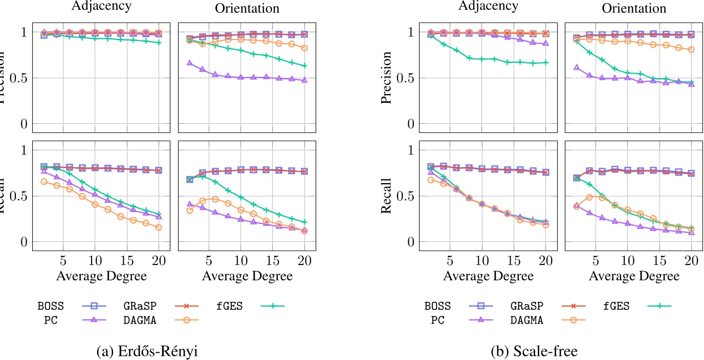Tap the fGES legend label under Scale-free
coord(616,306)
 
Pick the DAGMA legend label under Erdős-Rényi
coord(139,320)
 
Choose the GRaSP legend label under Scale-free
coord(526,306)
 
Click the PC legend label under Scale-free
coord(437,320)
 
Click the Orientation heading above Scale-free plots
coord(634,8)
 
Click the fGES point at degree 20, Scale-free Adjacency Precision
coord(545,62)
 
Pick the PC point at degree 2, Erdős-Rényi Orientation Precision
coord(190,63)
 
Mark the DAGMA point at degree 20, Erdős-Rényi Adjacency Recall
coord(159,228)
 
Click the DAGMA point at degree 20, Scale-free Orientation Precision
coord(691,50)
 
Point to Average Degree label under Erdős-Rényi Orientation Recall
coord(247,277)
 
